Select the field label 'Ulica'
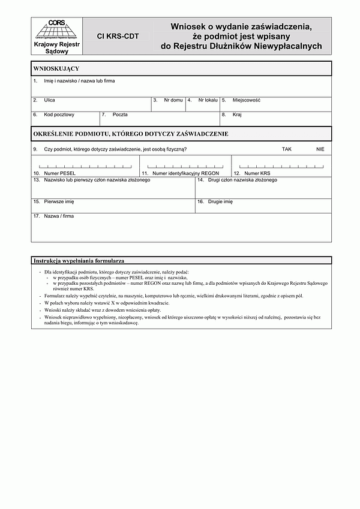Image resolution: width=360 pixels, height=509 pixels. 49,100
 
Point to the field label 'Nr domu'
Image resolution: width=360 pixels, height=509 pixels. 173,100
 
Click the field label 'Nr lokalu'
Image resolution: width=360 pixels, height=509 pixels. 208,100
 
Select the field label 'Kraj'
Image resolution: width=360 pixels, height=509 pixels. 237,114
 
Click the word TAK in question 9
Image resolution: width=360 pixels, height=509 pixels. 286,149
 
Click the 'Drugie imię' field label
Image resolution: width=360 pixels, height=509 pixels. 220,202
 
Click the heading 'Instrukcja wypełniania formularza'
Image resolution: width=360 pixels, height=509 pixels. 79,261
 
